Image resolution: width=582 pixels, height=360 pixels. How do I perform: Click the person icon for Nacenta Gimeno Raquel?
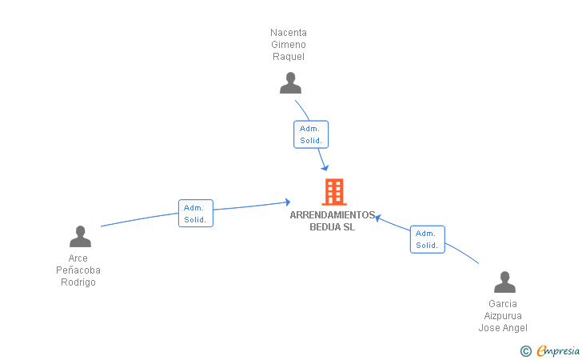[x=290, y=82]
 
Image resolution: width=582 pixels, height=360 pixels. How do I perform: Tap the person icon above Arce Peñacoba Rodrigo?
[x=80, y=236]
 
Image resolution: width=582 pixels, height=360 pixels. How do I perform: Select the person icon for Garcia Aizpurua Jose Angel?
[x=504, y=282]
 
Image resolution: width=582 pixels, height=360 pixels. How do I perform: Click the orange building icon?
[x=333, y=192]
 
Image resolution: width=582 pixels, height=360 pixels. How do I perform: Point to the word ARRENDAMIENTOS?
[x=332, y=215]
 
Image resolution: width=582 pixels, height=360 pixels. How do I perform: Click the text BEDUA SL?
[x=332, y=226]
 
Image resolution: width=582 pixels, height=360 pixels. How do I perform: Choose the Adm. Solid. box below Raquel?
[x=311, y=134]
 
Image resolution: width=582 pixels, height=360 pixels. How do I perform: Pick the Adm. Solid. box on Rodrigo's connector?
[x=195, y=214]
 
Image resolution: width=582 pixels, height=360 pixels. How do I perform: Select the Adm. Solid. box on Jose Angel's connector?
[x=427, y=239]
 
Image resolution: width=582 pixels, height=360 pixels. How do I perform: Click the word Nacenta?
[x=289, y=33]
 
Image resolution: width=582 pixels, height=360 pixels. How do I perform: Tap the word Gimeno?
[x=289, y=45]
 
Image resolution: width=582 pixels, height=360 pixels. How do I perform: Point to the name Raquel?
[x=289, y=57]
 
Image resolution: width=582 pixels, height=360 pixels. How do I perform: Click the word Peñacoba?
[x=78, y=270]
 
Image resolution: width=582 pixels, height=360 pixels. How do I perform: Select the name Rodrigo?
[x=78, y=282]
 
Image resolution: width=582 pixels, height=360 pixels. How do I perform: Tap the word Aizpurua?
[x=503, y=316]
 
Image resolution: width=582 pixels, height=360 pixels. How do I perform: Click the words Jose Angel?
[x=503, y=328]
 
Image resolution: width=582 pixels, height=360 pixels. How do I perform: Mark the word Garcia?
[x=503, y=304]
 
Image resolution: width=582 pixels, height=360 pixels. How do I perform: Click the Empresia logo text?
[x=558, y=350]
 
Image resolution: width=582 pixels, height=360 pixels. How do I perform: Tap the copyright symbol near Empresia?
[x=525, y=350]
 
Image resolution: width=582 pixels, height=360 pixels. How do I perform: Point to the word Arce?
[x=78, y=258]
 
